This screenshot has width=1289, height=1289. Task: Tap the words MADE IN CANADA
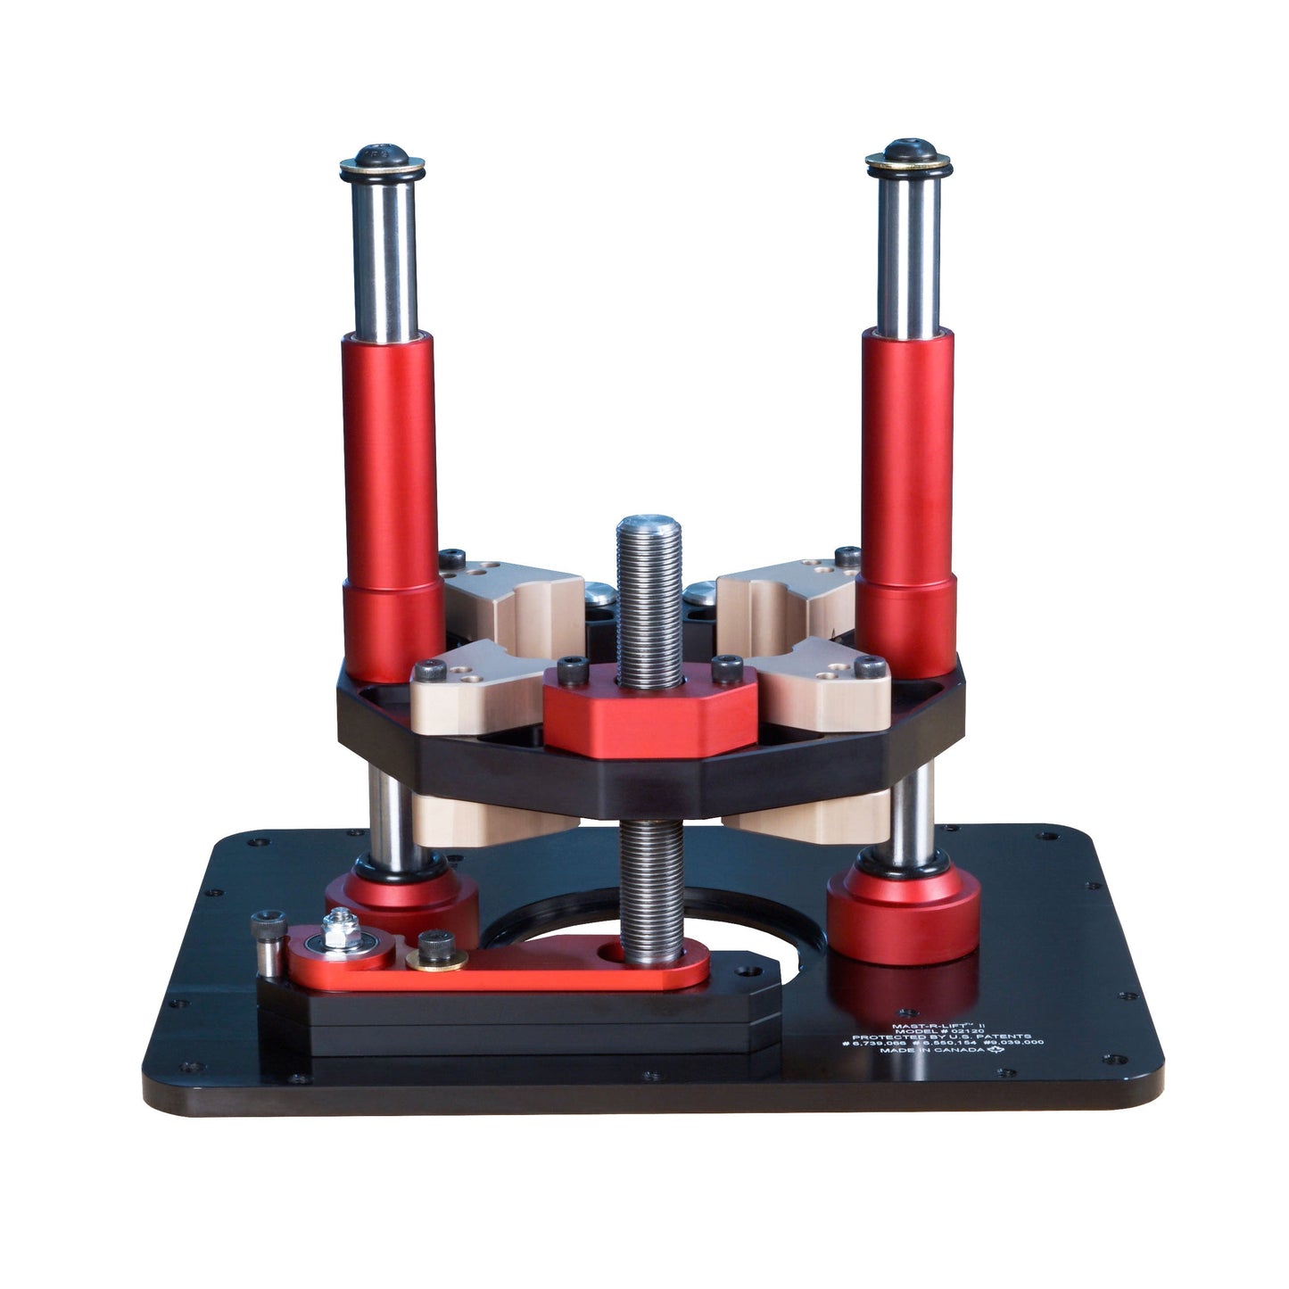click(930, 1050)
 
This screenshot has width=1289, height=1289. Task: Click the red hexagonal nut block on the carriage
click(650, 714)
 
